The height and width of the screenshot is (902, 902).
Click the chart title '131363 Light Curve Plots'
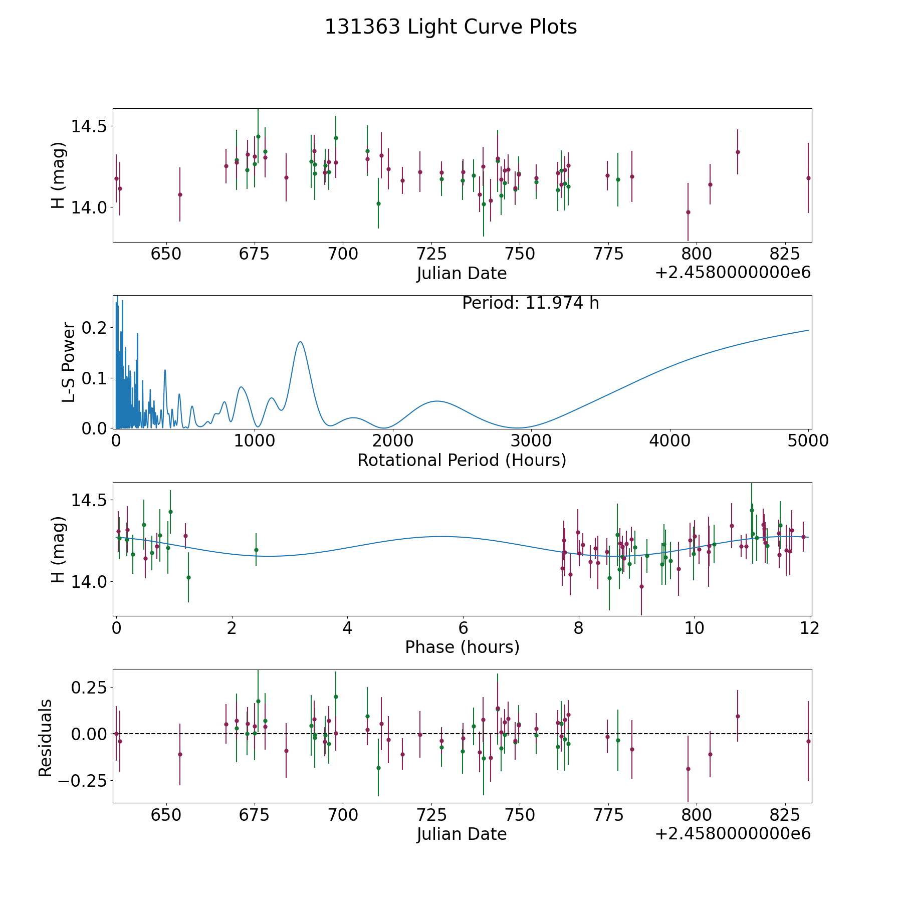450,27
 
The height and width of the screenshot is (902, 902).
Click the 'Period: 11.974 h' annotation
530,303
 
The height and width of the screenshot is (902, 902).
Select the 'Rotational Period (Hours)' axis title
462,460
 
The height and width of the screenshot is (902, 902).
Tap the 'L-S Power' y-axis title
69,362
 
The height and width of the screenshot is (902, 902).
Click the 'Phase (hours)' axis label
462,647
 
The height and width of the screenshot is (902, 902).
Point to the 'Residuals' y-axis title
45,738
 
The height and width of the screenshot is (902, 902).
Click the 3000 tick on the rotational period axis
531,441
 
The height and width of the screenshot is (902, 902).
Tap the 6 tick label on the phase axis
463,628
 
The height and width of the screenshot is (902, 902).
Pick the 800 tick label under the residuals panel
696,815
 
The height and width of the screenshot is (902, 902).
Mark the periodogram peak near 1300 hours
300,342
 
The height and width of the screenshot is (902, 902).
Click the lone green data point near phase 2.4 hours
256,550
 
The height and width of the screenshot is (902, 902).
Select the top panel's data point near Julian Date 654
180,194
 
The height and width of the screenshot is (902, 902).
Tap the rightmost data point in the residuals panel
808,741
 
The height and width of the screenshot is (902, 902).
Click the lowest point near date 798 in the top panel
688,212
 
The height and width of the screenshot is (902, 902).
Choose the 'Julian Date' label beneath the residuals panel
462,834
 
